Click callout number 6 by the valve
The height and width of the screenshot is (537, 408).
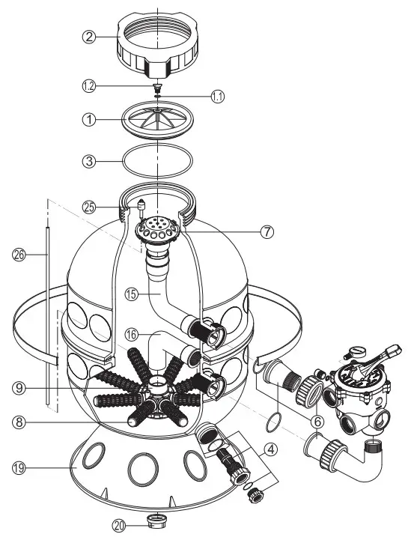coord(317,421)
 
